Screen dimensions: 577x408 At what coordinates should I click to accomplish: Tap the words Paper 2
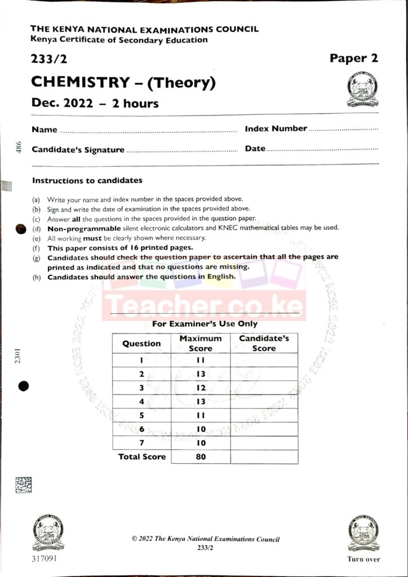354,58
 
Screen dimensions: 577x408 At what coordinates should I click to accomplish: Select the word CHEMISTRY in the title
80,82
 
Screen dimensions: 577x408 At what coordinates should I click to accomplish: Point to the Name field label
45,130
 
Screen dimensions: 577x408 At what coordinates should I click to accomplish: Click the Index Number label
276,128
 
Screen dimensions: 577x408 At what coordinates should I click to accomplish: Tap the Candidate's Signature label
78,150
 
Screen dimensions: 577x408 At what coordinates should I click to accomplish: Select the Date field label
255,149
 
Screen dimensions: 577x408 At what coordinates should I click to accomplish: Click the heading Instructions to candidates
87,181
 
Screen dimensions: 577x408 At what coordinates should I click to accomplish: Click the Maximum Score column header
201,343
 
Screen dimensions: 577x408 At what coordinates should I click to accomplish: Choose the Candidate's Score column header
264,343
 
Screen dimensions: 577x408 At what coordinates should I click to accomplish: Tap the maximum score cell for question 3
201,388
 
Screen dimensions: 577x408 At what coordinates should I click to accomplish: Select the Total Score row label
142,456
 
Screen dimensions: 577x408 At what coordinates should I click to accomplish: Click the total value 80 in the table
201,457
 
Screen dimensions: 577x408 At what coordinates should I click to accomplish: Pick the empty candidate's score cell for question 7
264,443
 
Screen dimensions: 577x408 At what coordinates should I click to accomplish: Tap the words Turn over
363,560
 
